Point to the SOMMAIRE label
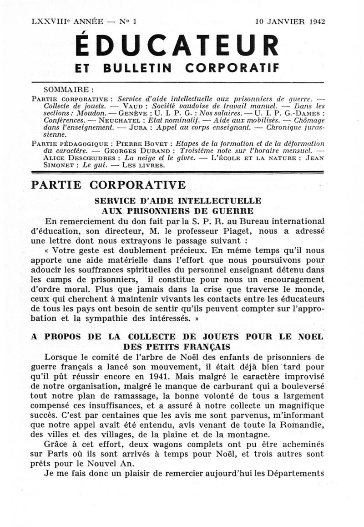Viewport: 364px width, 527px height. pyautogui.click(x=68, y=90)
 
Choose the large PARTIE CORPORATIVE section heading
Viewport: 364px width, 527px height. pyautogui.click(x=107, y=185)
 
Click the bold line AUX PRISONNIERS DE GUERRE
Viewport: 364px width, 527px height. pyautogui.click(x=177, y=211)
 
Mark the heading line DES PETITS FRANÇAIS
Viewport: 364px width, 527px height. pyautogui.click(x=177, y=346)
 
